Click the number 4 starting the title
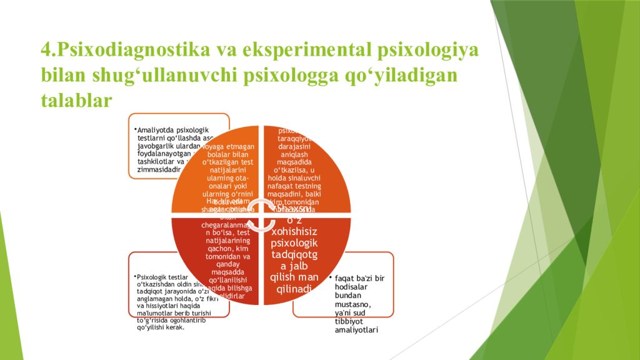pyautogui.click(x=46, y=50)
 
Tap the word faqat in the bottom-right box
pyautogui.click(x=346, y=278)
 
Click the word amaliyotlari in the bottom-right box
pyautogui.click(x=357, y=330)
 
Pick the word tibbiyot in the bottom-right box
pyautogui.click(x=351, y=321)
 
